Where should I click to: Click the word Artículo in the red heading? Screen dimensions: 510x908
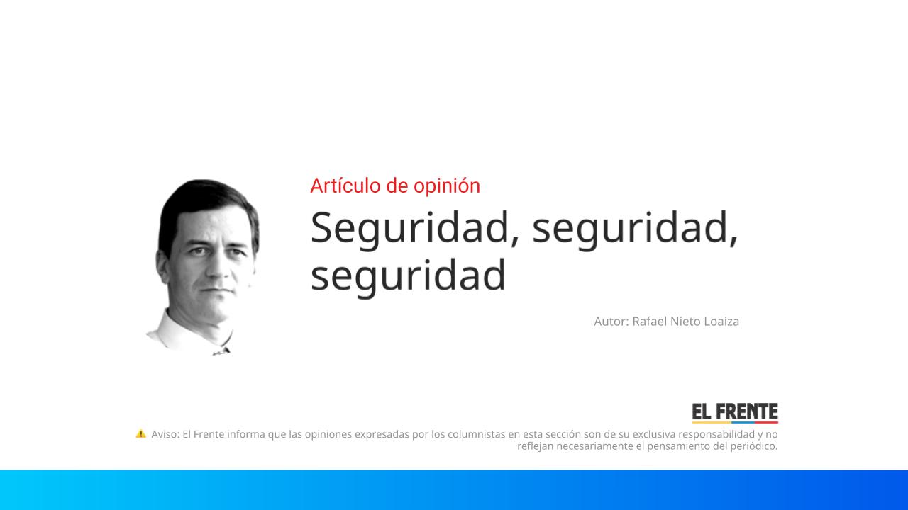click(x=341, y=186)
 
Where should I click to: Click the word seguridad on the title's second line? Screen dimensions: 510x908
click(x=408, y=275)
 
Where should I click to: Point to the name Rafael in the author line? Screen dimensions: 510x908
click(x=649, y=322)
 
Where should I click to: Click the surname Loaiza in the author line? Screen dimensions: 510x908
click(x=721, y=322)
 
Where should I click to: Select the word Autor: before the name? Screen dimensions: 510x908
click(x=611, y=322)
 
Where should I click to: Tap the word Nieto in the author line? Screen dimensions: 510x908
click(x=685, y=322)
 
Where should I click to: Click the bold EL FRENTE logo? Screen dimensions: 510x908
click(x=735, y=412)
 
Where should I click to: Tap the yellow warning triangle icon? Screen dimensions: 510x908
click(x=141, y=433)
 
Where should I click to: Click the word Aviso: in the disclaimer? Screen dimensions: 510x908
click(x=165, y=434)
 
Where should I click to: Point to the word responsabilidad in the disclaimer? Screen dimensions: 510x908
click(x=717, y=434)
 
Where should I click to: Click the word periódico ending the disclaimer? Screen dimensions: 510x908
click(x=752, y=446)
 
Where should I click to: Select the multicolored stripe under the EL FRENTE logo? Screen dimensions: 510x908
click(x=735, y=422)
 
